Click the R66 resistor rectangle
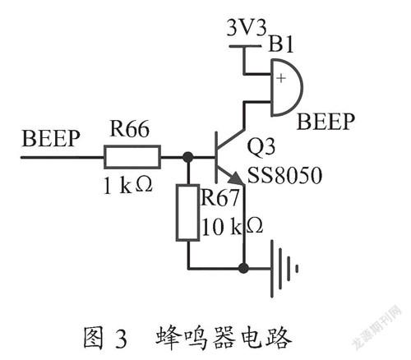pyautogui.click(x=132, y=157)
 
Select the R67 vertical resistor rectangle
pyautogui.click(x=188, y=213)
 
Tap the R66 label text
pyautogui.click(x=130, y=128)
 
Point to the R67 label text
pyautogui.click(x=220, y=197)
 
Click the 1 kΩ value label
pyautogui.click(x=127, y=185)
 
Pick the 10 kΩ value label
pyautogui.click(x=233, y=226)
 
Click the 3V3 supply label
pyautogui.click(x=247, y=28)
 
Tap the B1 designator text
pyautogui.click(x=281, y=44)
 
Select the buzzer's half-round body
pyautogui.click(x=287, y=88)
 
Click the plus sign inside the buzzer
pyautogui.click(x=281, y=79)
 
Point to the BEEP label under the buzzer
pyautogui.click(x=326, y=122)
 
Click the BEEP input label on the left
pyautogui.click(x=51, y=139)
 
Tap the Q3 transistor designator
pyautogui.click(x=261, y=147)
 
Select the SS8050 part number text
pyautogui.click(x=284, y=175)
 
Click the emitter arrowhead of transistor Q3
pyautogui.click(x=236, y=178)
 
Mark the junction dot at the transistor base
pyautogui.click(x=188, y=157)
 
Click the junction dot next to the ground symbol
pyautogui.click(x=243, y=269)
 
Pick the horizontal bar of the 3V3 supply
pyautogui.click(x=244, y=46)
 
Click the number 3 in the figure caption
pyautogui.click(x=121, y=339)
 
